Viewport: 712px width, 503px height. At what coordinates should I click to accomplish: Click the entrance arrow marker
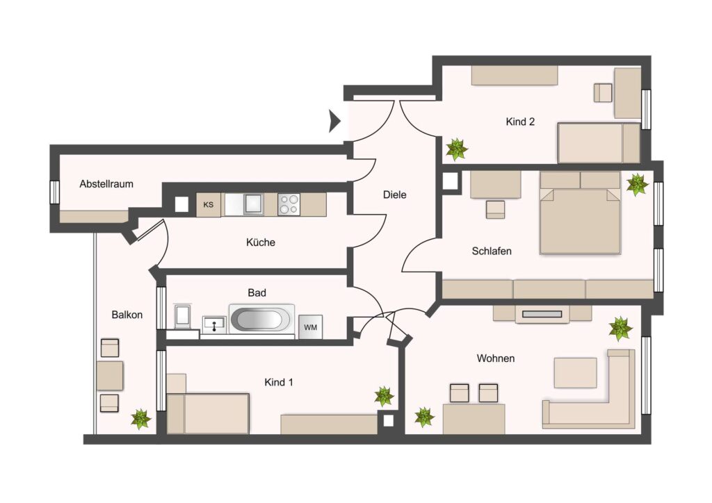click(x=334, y=121)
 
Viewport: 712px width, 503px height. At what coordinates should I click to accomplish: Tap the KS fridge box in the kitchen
click(x=209, y=204)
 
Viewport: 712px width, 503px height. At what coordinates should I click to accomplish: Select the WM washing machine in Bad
click(x=311, y=327)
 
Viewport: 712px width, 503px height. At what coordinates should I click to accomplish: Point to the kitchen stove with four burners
click(x=289, y=204)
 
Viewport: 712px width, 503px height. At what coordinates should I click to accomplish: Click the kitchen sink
click(x=253, y=204)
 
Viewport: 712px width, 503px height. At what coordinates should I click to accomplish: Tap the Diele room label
click(x=395, y=195)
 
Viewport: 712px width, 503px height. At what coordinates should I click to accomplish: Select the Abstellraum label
click(x=106, y=184)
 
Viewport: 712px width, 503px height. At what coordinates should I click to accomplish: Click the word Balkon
click(x=127, y=315)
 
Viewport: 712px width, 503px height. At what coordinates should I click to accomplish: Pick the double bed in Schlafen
click(x=580, y=213)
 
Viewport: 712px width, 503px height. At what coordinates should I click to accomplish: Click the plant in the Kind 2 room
click(x=456, y=149)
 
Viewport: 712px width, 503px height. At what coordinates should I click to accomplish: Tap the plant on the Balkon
click(x=140, y=419)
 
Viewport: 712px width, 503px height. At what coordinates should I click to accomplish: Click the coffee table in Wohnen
click(x=575, y=373)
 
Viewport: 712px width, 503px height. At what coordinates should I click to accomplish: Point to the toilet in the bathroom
click(x=183, y=316)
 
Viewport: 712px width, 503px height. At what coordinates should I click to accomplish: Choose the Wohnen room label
click(x=495, y=358)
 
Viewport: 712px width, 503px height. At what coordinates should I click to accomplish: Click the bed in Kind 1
click(x=208, y=413)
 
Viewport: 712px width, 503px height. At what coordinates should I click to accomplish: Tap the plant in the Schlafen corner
click(x=637, y=184)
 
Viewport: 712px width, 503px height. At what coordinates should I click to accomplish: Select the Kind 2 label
click(x=520, y=122)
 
